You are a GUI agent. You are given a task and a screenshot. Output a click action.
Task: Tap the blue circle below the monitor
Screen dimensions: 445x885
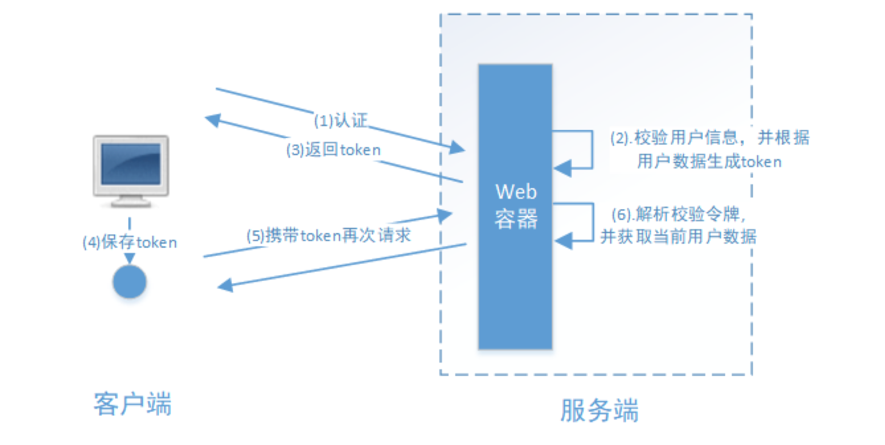tap(129, 282)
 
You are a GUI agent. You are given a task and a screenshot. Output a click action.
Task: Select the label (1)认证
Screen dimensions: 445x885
tap(341, 120)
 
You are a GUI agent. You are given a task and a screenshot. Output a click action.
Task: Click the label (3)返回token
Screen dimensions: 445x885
tap(333, 149)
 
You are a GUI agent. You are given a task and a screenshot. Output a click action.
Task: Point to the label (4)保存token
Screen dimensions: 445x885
tap(129, 242)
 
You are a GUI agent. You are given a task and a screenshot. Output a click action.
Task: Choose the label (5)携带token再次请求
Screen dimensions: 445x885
tap(328, 235)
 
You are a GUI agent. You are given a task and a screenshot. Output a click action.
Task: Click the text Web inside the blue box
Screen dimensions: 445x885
tap(516, 192)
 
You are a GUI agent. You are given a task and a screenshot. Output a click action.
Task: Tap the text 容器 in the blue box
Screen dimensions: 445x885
tap(516, 219)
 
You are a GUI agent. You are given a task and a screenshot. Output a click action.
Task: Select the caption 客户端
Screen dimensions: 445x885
tap(132, 404)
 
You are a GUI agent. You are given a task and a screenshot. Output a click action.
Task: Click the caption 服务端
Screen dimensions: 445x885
tap(599, 410)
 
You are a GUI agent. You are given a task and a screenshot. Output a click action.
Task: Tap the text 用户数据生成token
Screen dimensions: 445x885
tap(709, 162)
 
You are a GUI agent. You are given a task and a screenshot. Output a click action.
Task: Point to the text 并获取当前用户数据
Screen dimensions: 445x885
tap(678, 237)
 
